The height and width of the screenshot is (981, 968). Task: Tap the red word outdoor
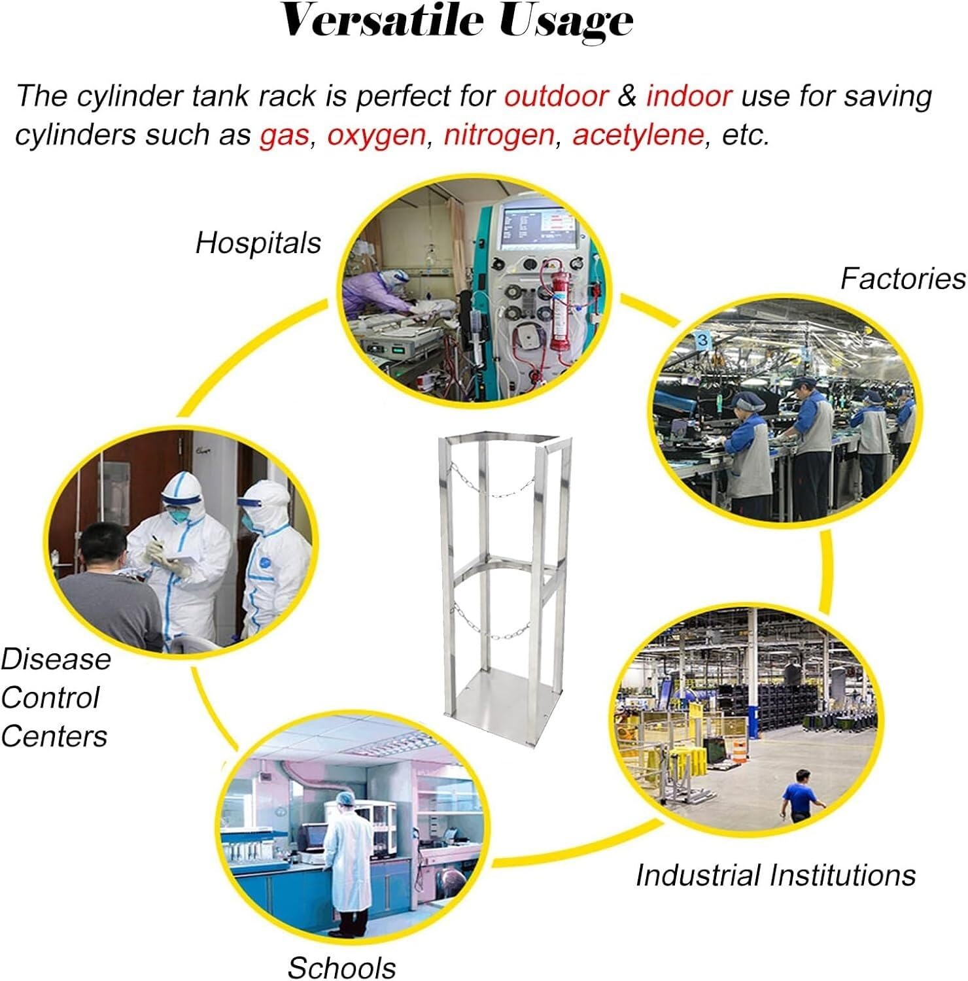(557, 95)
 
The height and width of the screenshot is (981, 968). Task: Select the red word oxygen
(376, 135)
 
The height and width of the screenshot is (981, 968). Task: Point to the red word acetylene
(638, 135)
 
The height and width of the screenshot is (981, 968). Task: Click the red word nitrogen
(499, 135)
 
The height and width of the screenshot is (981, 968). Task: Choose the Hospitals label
(258, 243)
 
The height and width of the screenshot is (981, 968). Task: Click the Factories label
(903, 279)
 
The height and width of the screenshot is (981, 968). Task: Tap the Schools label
(341, 967)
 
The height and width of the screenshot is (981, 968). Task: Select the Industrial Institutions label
(776, 875)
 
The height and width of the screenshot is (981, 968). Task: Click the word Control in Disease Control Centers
(50, 698)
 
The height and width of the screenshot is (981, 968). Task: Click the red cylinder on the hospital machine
(559, 305)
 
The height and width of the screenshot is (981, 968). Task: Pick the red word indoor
(689, 95)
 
